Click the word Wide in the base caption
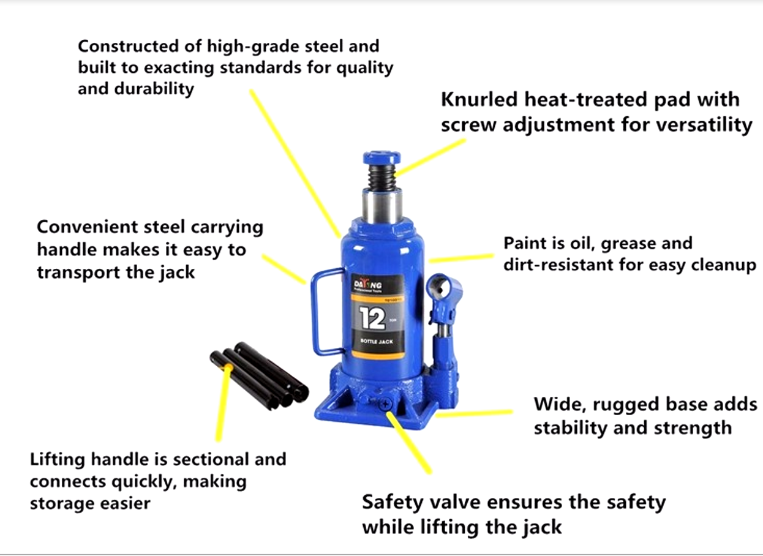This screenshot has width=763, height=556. click(555, 404)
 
